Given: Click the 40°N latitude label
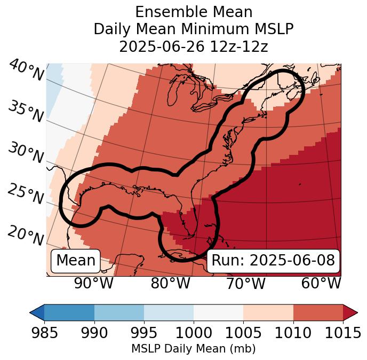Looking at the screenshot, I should (x=26, y=71).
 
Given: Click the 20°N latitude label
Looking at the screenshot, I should (x=25, y=235).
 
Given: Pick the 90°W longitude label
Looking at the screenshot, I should (x=93, y=283).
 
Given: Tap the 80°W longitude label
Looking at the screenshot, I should (x=170, y=283).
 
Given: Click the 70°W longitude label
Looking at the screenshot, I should (x=245, y=283).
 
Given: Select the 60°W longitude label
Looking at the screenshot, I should (x=321, y=283).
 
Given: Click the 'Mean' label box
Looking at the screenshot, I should (x=76, y=261).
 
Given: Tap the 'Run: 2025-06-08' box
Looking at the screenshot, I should (x=273, y=261).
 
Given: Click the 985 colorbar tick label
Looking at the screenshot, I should (x=44, y=333).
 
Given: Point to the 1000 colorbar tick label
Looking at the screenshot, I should (x=193, y=333).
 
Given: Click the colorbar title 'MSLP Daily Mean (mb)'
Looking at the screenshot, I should (x=193, y=349).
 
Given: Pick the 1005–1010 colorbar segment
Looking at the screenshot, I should (x=268, y=312).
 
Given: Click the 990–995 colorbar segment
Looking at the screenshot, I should (x=119, y=312).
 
